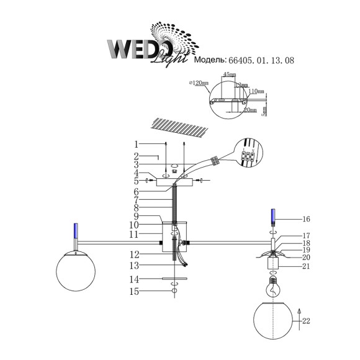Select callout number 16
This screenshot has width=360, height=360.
306,219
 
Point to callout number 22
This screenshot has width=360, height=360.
306,320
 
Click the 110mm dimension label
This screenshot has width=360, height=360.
256,91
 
